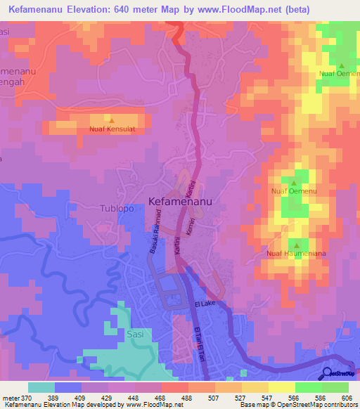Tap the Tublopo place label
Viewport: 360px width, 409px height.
pyautogui.click(x=112, y=209)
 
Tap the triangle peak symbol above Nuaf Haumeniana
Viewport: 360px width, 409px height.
pyautogui.click(x=295, y=245)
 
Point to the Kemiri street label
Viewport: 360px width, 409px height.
pyautogui.click(x=189, y=226)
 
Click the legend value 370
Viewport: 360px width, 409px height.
pyautogui.click(x=25, y=397)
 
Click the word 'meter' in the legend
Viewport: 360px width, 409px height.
pyautogui.click(x=9, y=397)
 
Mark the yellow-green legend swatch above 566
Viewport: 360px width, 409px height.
pyautogui.click(x=281, y=387)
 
